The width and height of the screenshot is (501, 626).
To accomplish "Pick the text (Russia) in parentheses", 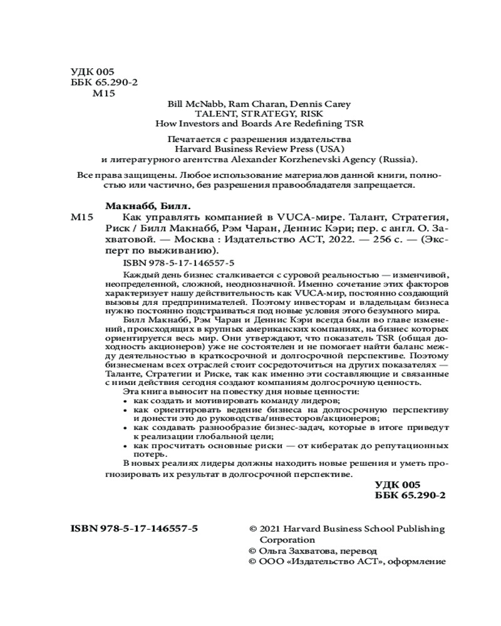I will pyautogui.click(x=396, y=159).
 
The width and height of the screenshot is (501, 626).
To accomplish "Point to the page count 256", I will pyautogui.click(x=365, y=239).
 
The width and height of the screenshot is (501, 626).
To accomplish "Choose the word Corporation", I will pyautogui.click(x=287, y=540).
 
